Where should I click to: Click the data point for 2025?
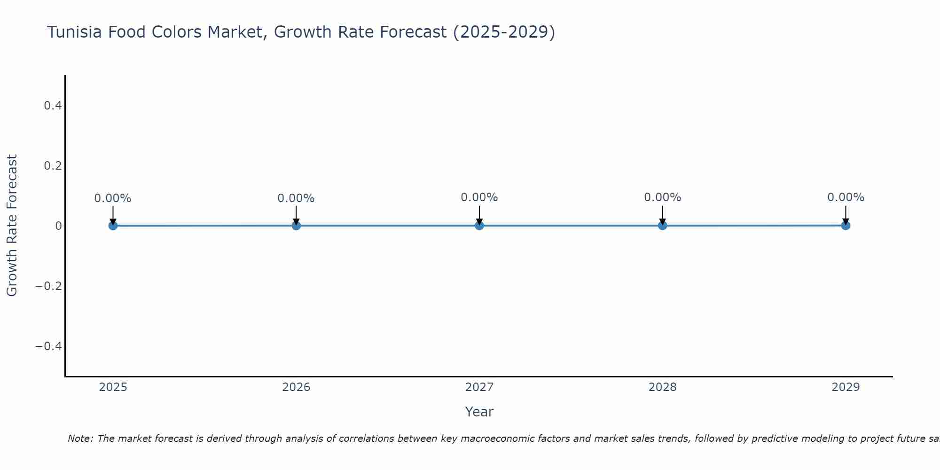(x=113, y=226)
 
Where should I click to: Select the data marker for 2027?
(x=479, y=226)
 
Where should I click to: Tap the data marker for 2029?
(x=846, y=226)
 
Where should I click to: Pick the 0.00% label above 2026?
(x=296, y=198)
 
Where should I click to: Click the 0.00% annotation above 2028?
(x=662, y=197)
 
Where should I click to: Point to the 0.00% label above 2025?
(x=113, y=198)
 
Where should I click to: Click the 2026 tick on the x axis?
(x=296, y=387)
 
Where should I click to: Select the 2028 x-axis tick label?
(x=662, y=387)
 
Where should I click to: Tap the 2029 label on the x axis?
(x=846, y=387)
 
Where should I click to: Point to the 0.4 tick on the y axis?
(x=53, y=106)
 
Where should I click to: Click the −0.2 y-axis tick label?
(x=49, y=286)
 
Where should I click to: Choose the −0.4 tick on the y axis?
(x=49, y=346)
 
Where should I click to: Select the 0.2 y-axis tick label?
(x=53, y=166)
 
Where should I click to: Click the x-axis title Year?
(x=479, y=412)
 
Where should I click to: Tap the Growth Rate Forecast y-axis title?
(x=12, y=226)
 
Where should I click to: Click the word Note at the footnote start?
(x=80, y=439)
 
